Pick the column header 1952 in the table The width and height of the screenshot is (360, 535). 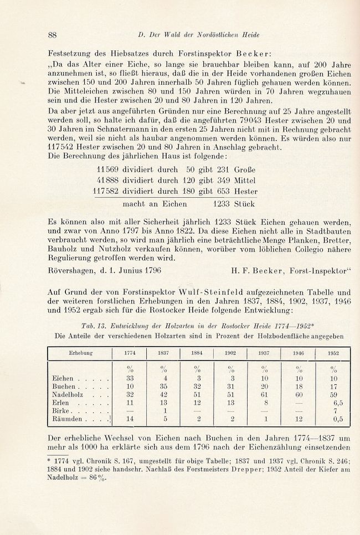pyautogui.click(x=332, y=353)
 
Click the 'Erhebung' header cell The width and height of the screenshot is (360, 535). pyautogui.click(x=80, y=353)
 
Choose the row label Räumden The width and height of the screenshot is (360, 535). pyautogui.click(x=68, y=419)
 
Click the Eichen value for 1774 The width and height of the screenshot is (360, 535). pyautogui.click(x=128, y=378)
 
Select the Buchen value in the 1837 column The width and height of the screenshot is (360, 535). pyautogui.click(x=163, y=386)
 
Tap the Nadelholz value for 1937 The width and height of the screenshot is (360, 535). pyautogui.click(x=265, y=394)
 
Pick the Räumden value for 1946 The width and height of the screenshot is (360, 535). pyautogui.click(x=299, y=419)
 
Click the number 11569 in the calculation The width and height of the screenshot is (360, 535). pyautogui.click(x=107, y=170)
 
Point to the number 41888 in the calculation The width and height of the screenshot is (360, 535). pyautogui.click(x=107, y=181)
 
